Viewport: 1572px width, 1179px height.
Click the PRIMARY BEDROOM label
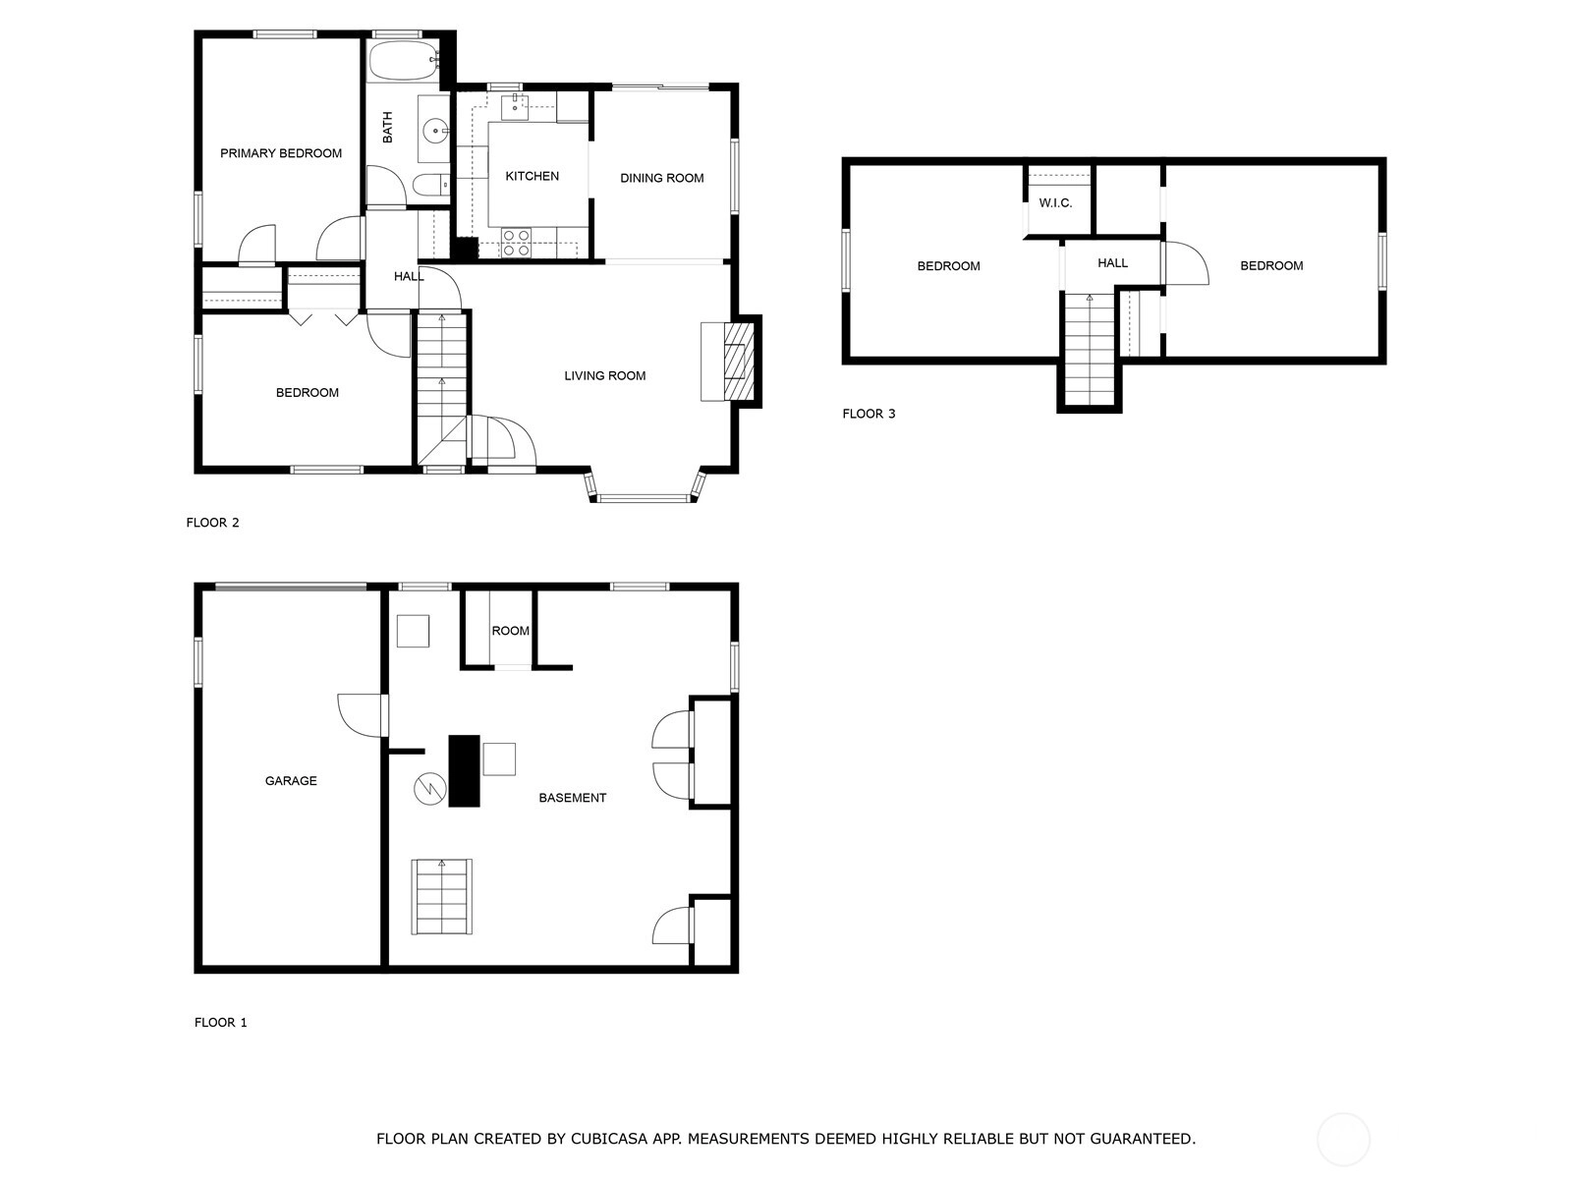coord(281,153)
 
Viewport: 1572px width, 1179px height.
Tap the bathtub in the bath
coord(403,60)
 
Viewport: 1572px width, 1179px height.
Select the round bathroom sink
coord(434,131)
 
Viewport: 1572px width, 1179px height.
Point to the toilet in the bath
coord(430,186)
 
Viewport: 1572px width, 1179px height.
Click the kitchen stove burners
coord(516,242)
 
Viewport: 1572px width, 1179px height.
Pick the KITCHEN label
coord(533,176)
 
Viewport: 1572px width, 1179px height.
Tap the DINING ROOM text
coord(662,178)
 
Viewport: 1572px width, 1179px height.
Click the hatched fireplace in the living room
coord(739,362)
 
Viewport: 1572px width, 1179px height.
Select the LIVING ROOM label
coord(605,376)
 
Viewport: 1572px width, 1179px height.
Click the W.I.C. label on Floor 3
coord(1055,203)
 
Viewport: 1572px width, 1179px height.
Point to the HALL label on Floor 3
coord(1113,263)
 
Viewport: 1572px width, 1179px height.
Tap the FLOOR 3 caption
coord(869,414)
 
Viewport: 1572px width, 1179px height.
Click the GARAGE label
coord(291,781)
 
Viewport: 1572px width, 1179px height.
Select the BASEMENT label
coord(573,798)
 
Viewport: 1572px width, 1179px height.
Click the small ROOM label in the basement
coord(511,632)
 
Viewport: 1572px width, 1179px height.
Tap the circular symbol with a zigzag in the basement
coord(429,789)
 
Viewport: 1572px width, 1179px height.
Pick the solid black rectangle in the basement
coord(464,771)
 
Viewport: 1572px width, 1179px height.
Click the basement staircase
coord(442,897)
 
